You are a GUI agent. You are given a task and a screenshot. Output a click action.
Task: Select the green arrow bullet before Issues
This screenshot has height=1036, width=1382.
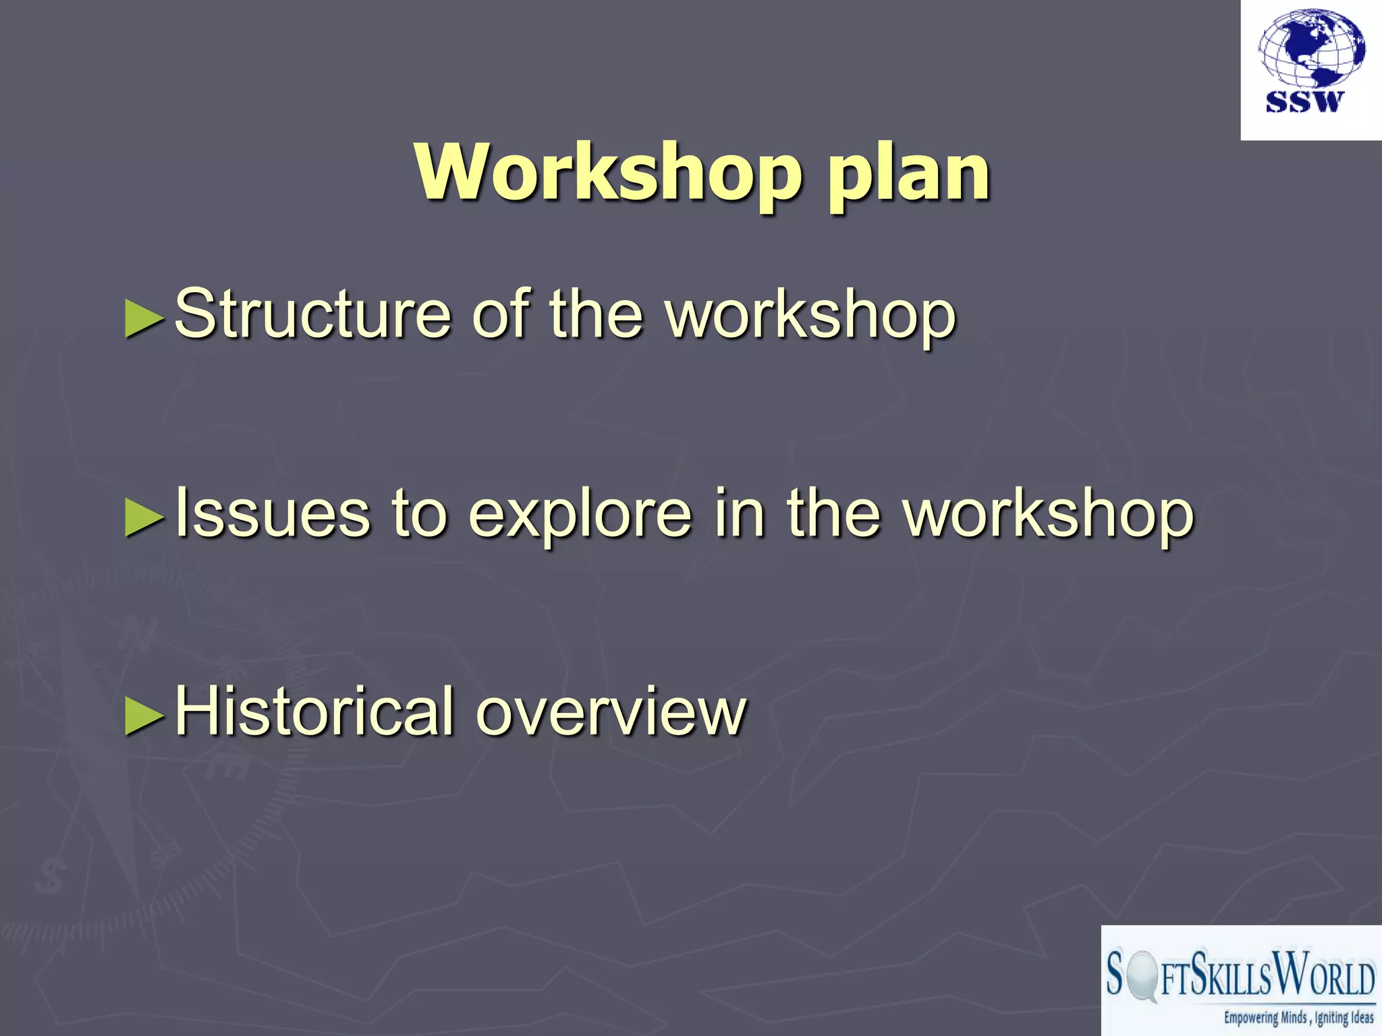click(x=144, y=518)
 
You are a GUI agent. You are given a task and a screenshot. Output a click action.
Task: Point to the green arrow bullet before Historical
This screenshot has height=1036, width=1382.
click(x=144, y=716)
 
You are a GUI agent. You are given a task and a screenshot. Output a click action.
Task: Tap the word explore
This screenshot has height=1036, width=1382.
click(x=580, y=516)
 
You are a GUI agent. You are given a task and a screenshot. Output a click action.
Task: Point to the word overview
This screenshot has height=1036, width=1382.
click(x=611, y=714)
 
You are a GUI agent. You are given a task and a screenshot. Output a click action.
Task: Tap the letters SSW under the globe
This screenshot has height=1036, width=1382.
click(x=1304, y=103)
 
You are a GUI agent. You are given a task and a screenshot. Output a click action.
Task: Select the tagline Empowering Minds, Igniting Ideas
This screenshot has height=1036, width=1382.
click(x=1298, y=1018)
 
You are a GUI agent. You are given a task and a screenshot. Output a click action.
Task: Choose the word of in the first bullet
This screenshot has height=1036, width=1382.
click(x=500, y=314)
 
